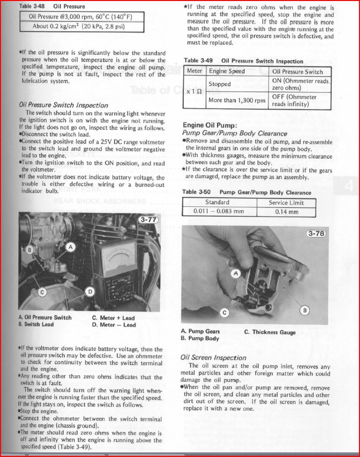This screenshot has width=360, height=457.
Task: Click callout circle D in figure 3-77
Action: click(90, 291)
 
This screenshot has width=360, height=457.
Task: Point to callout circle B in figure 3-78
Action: click(305, 310)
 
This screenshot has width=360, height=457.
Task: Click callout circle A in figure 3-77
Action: click(71, 246)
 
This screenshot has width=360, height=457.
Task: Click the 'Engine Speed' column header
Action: click(227, 71)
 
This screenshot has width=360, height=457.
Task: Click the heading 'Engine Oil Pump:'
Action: click(210, 125)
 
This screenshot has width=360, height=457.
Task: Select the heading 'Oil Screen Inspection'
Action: click(213, 357)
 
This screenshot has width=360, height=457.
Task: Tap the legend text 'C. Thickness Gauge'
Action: click(270, 332)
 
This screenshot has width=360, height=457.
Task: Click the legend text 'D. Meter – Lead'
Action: click(114, 325)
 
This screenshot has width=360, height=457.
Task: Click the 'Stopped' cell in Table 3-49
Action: click(220, 84)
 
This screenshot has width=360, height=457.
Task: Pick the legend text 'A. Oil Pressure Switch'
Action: click(45, 317)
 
